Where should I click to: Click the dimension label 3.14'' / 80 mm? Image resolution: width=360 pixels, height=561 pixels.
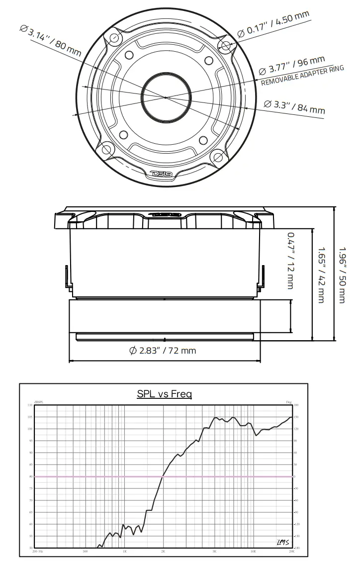click(50, 39)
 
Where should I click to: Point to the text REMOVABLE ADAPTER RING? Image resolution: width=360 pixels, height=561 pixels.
click(302, 76)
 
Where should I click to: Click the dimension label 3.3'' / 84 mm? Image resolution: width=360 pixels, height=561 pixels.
click(294, 106)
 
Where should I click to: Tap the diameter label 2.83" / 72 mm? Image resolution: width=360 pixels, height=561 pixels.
click(163, 350)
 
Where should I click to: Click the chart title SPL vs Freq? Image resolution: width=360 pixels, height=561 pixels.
click(165, 394)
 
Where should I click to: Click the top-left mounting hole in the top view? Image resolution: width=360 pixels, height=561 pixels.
click(115, 38)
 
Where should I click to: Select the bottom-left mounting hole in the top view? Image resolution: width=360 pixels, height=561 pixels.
click(106, 148)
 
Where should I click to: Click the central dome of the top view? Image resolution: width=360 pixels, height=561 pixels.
click(166, 97)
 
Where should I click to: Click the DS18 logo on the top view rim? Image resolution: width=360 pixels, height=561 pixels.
click(162, 174)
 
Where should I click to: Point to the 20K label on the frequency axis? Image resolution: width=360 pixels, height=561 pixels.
click(291, 552)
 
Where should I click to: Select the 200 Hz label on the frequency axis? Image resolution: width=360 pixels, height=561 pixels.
click(38, 552)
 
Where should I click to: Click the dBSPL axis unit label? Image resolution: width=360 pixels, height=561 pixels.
click(39, 402)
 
